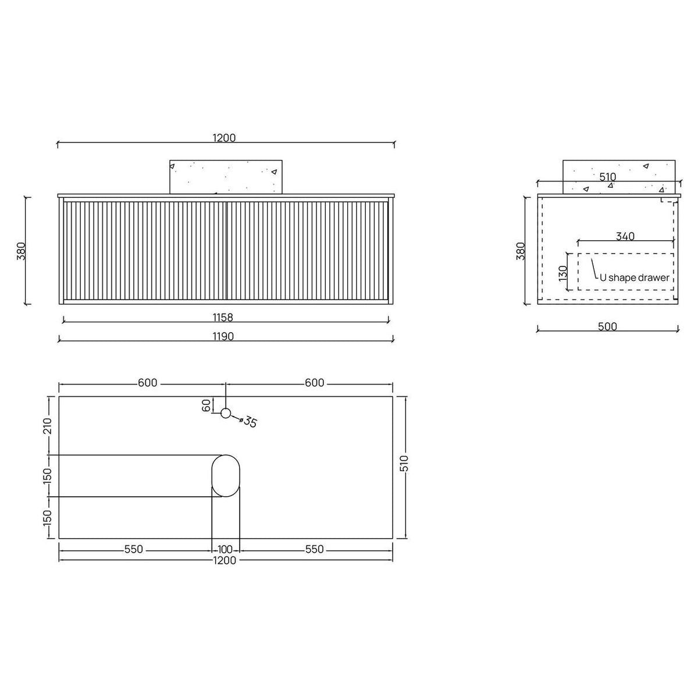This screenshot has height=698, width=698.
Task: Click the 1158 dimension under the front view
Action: pyautogui.click(x=223, y=318)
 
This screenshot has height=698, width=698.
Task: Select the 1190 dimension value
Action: pyautogui.click(x=223, y=337)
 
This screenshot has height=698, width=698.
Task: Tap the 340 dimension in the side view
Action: pyautogui.click(x=625, y=236)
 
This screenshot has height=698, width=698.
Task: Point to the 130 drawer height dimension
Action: pyautogui.click(x=562, y=273)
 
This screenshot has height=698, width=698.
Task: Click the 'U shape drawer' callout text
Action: pyautogui.click(x=634, y=278)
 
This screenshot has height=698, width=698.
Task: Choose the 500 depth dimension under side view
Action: pyautogui.click(x=607, y=326)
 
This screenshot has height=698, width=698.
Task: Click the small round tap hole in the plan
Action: pyautogui.click(x=226, y=413)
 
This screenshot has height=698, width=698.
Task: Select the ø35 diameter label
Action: pyautogui.click(x=248, y=421)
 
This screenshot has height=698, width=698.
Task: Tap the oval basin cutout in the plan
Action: pyautogui.click(x=226, y=476)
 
